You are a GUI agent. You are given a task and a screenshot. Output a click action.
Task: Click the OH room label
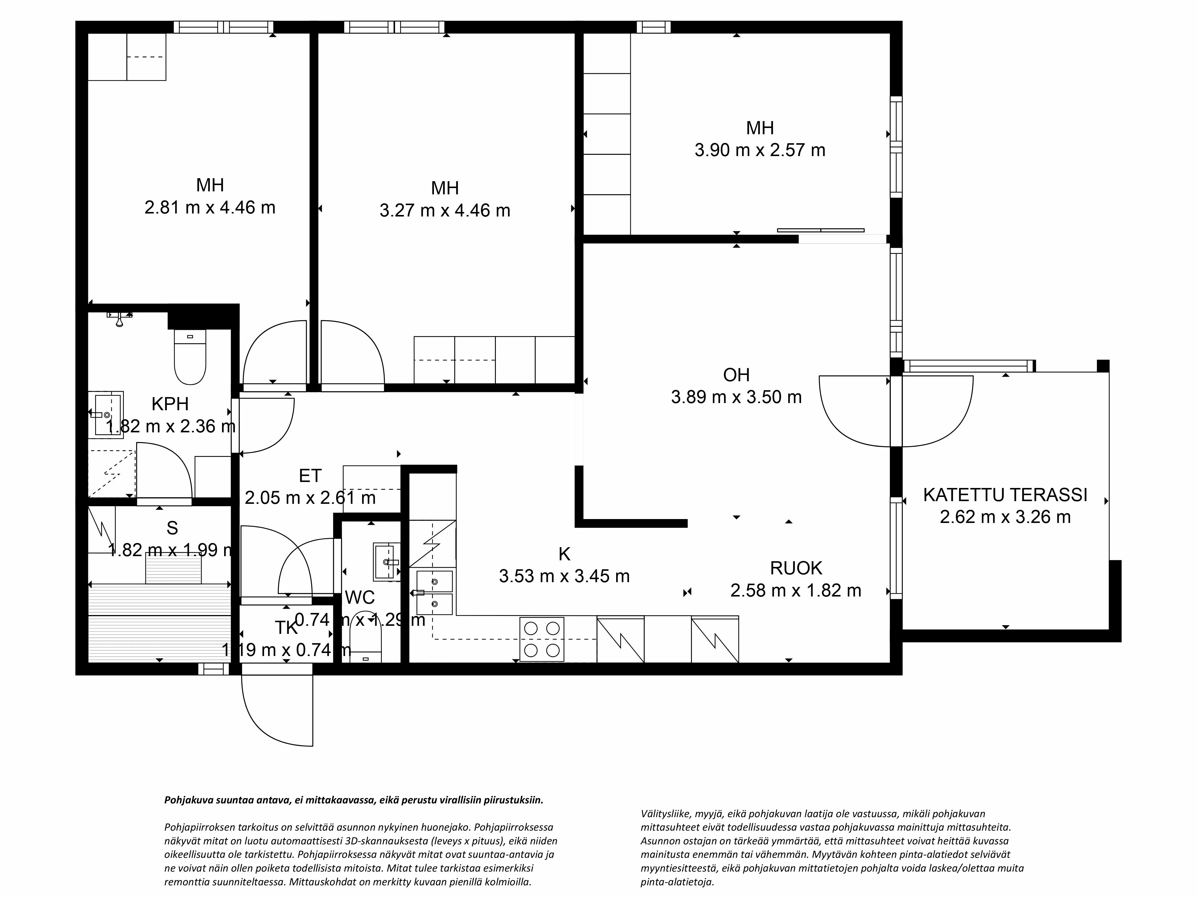736,375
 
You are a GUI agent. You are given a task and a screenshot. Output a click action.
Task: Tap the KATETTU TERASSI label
1005,495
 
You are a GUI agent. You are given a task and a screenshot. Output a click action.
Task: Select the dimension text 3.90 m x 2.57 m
760,150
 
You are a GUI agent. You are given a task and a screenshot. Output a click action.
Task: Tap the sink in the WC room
386,561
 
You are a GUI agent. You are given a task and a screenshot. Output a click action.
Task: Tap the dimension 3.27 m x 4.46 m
444,210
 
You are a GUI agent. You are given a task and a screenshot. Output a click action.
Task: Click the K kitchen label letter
564,554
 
